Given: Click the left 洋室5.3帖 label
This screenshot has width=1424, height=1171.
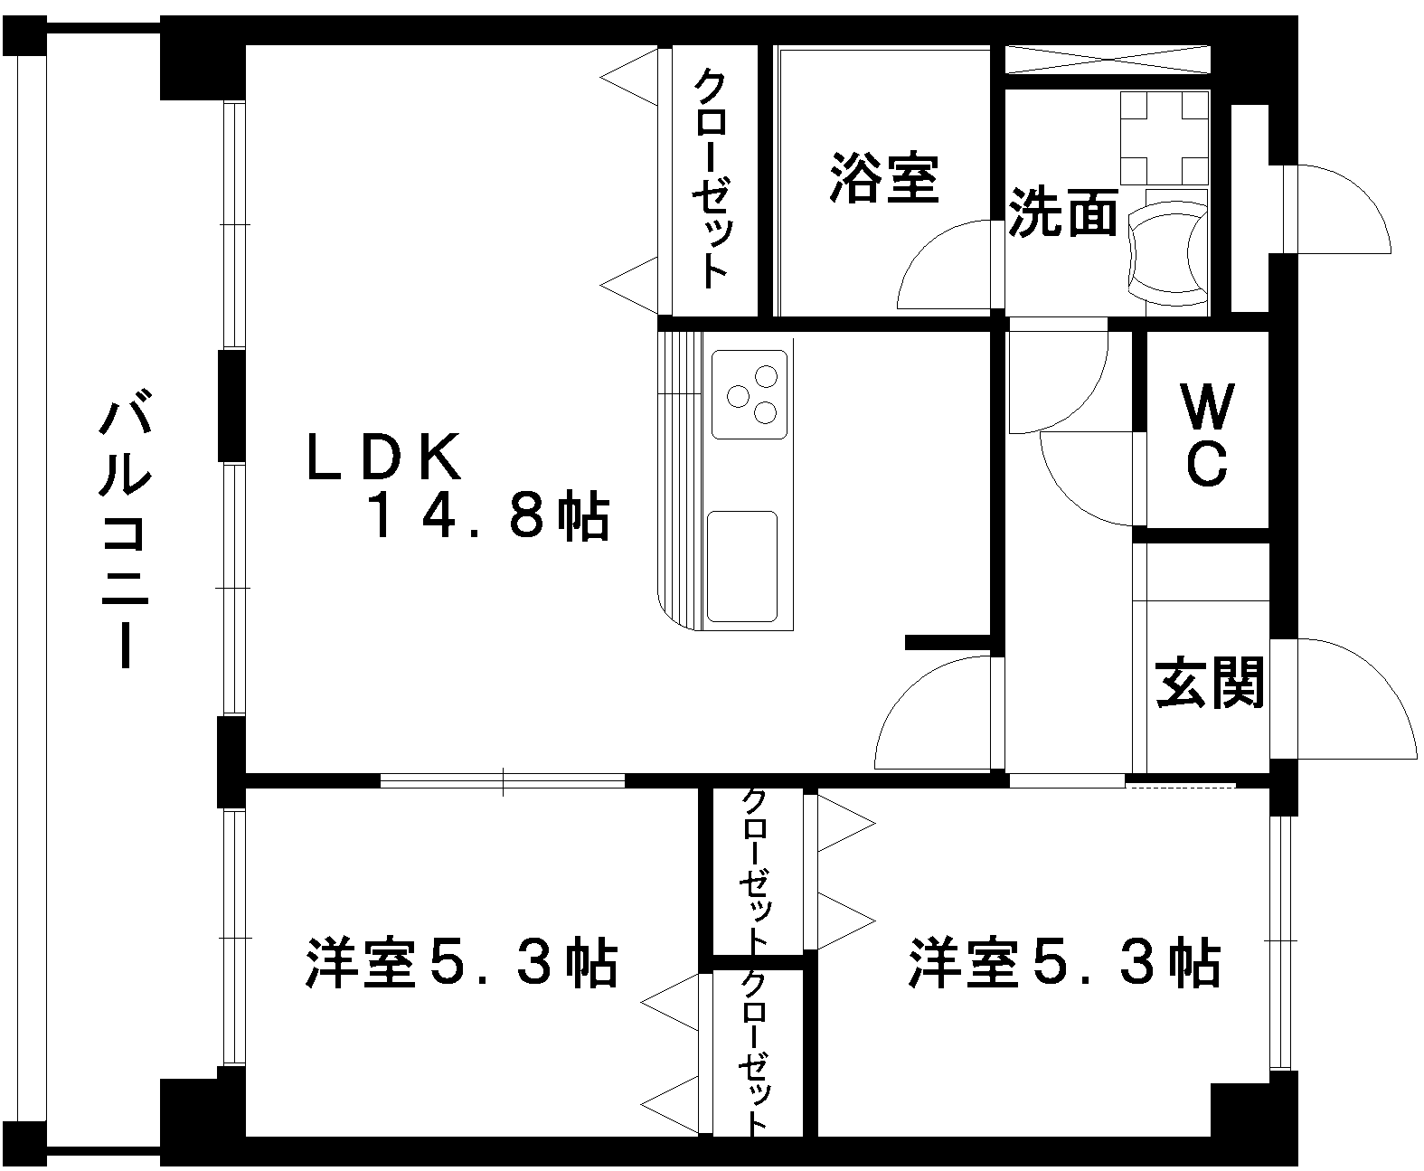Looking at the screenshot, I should [x=462, y=964].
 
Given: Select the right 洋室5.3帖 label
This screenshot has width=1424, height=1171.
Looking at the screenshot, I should [x=1065, y=964].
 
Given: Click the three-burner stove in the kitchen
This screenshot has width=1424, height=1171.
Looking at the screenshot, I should [x=750, y=394].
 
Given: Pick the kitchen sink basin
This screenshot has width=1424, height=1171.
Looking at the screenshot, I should [x=742, y=566].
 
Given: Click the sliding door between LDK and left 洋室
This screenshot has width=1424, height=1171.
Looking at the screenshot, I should [x=503, y=780].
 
